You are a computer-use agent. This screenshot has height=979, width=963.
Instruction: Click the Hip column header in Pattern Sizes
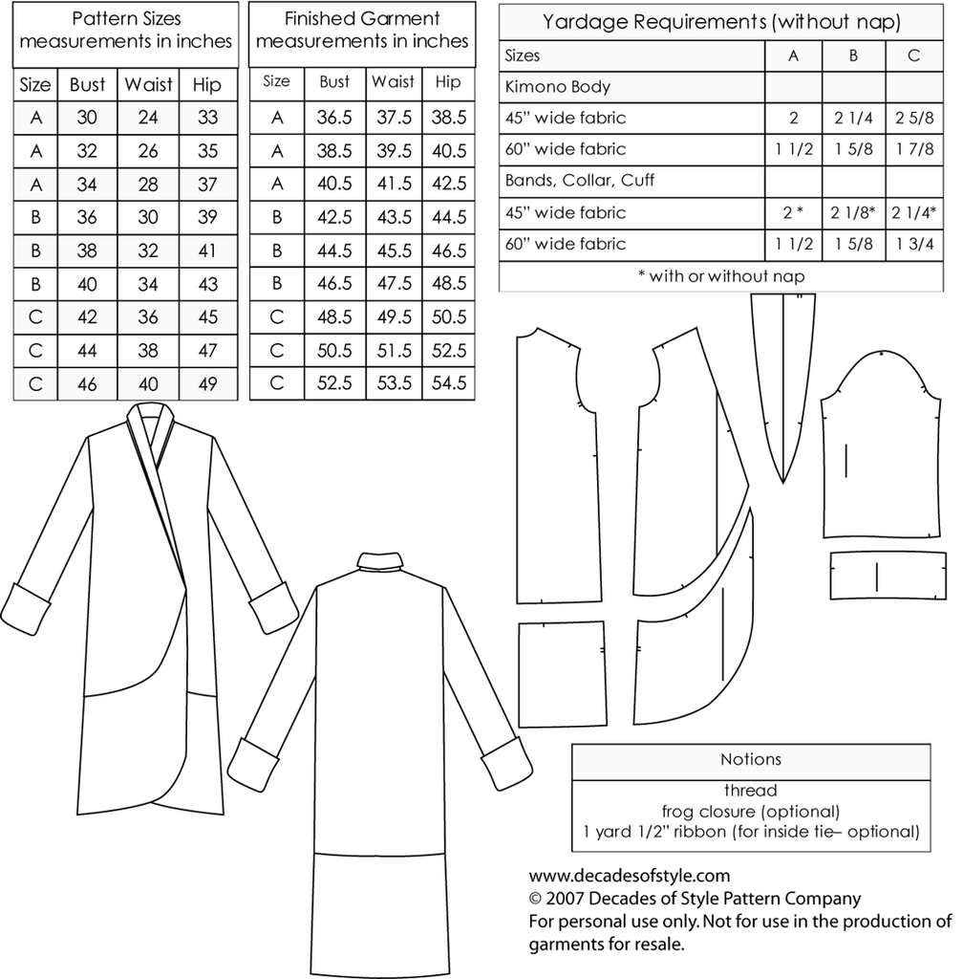[x=206, y=84]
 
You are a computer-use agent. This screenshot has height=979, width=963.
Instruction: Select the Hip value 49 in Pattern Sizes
[x=206, y=383]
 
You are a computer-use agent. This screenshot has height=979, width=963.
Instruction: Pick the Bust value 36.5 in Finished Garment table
[x=334, y=118]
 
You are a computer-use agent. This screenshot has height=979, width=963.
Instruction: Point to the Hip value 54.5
[x=448, y=383]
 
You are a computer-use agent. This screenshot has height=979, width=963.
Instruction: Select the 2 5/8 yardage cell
[x=913, y=119]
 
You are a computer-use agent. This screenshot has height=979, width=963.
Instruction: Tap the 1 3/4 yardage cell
[x=913, y=244]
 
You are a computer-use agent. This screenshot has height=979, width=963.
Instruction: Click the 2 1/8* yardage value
[x=853, y=212]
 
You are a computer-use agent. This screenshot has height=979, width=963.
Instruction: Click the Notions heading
[x=750, y=759]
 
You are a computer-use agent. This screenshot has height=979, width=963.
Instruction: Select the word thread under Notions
[x=750, y=791]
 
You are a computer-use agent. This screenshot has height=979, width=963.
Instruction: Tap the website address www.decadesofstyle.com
[x=629, y=875]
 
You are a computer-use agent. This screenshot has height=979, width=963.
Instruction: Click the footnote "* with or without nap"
[x=726, y=275]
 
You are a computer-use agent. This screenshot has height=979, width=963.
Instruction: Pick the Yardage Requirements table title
[x=721, y=20]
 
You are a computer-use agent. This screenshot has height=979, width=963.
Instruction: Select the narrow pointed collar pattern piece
[x=783, y=382]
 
